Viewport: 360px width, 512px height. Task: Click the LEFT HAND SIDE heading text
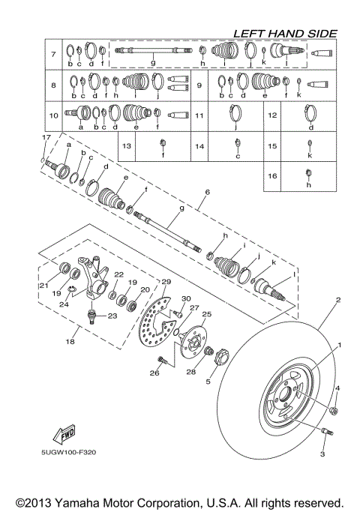point(284,33)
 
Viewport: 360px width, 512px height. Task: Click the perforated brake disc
point(159,327)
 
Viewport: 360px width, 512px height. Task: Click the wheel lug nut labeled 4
point(332,411)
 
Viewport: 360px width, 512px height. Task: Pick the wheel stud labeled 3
point(327,433)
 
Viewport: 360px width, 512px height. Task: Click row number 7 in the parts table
point(53,55)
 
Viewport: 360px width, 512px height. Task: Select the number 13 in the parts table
point(127,146)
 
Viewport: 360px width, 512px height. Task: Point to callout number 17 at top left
point(46,138)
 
